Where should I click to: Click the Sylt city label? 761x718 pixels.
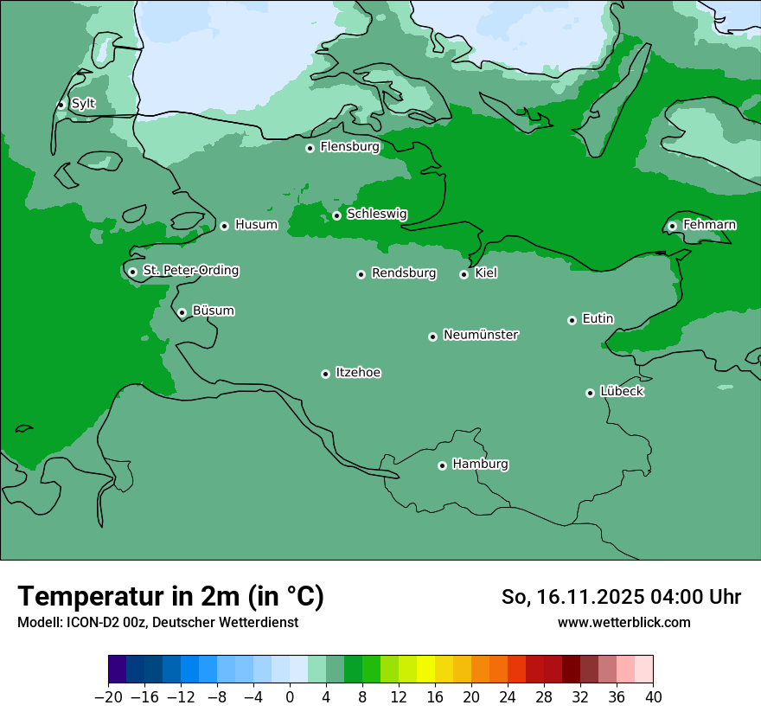coord(83,104)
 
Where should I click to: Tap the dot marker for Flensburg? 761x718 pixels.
coord(310,148)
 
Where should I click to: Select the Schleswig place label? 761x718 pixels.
coord(377,214)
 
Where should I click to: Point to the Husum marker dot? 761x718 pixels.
coord(224,226)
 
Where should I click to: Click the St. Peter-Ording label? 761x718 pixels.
coord(190,270)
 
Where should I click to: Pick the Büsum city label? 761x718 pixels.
coord(213,311)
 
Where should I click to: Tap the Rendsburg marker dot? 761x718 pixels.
coord(361,274)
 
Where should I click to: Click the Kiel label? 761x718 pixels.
coord(486,273)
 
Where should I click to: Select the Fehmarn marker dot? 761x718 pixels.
coord(672,226)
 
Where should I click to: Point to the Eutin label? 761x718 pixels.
coord(598,318)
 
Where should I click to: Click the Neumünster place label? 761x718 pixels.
coord(481,335)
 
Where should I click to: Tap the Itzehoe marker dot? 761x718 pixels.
coord(325,374)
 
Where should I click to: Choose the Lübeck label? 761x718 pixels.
coord(622,391)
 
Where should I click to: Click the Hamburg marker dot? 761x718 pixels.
coord(442,465)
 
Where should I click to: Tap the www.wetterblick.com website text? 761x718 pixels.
coord(624,622)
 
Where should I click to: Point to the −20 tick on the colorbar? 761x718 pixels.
coord(109,697)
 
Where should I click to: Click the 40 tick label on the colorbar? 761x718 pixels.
coord(653,697)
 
